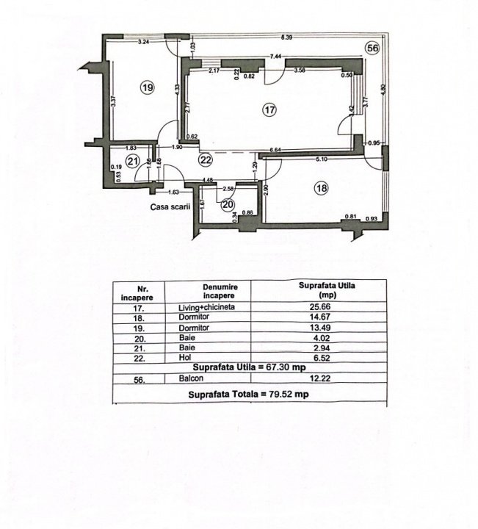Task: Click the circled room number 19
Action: coord(148,88)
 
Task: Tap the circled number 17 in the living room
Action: coord(270,109)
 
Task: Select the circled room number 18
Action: coord(322,187)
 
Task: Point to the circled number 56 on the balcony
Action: coord(373,48)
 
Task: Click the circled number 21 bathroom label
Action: coord(132,161)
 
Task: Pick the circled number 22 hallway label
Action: coord(206,159)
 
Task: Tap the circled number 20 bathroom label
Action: coord(228,204)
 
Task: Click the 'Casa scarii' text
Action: coord(170,207)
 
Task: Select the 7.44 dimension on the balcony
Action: coord(275,57)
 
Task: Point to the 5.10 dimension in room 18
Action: coord(322,159)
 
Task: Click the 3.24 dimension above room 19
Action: coord(144,41)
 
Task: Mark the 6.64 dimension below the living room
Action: coord(276,150)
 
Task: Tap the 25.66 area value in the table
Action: coord(320,306)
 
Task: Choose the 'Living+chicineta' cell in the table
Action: coord(206,307)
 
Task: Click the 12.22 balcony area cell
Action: coord(320,378)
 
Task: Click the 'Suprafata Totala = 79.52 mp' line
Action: coord(248,394)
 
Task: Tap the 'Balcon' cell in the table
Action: coord(191,378)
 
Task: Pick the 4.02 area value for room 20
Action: coord(322,338)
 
